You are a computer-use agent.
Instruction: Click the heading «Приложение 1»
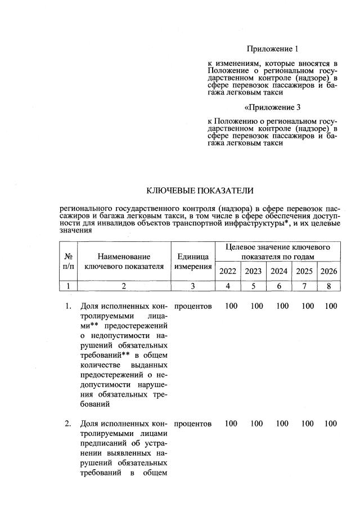coord(272,49)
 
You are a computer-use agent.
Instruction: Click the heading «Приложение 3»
coord(272,107)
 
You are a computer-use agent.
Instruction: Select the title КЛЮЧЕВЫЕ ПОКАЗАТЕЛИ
coord(200,191)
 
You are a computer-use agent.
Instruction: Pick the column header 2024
coord(279,271)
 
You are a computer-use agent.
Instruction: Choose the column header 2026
coord(328,271)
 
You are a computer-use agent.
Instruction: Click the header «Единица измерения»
coord(193,262)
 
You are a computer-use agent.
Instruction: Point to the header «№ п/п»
coord(68,262)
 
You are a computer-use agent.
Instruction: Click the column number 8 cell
coord(328,286)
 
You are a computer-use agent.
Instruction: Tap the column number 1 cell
coord(68,286)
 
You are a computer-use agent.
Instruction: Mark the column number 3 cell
coord(193,286)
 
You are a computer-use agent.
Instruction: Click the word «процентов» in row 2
coord(193,423)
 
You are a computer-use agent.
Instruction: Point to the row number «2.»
coord(68,423)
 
